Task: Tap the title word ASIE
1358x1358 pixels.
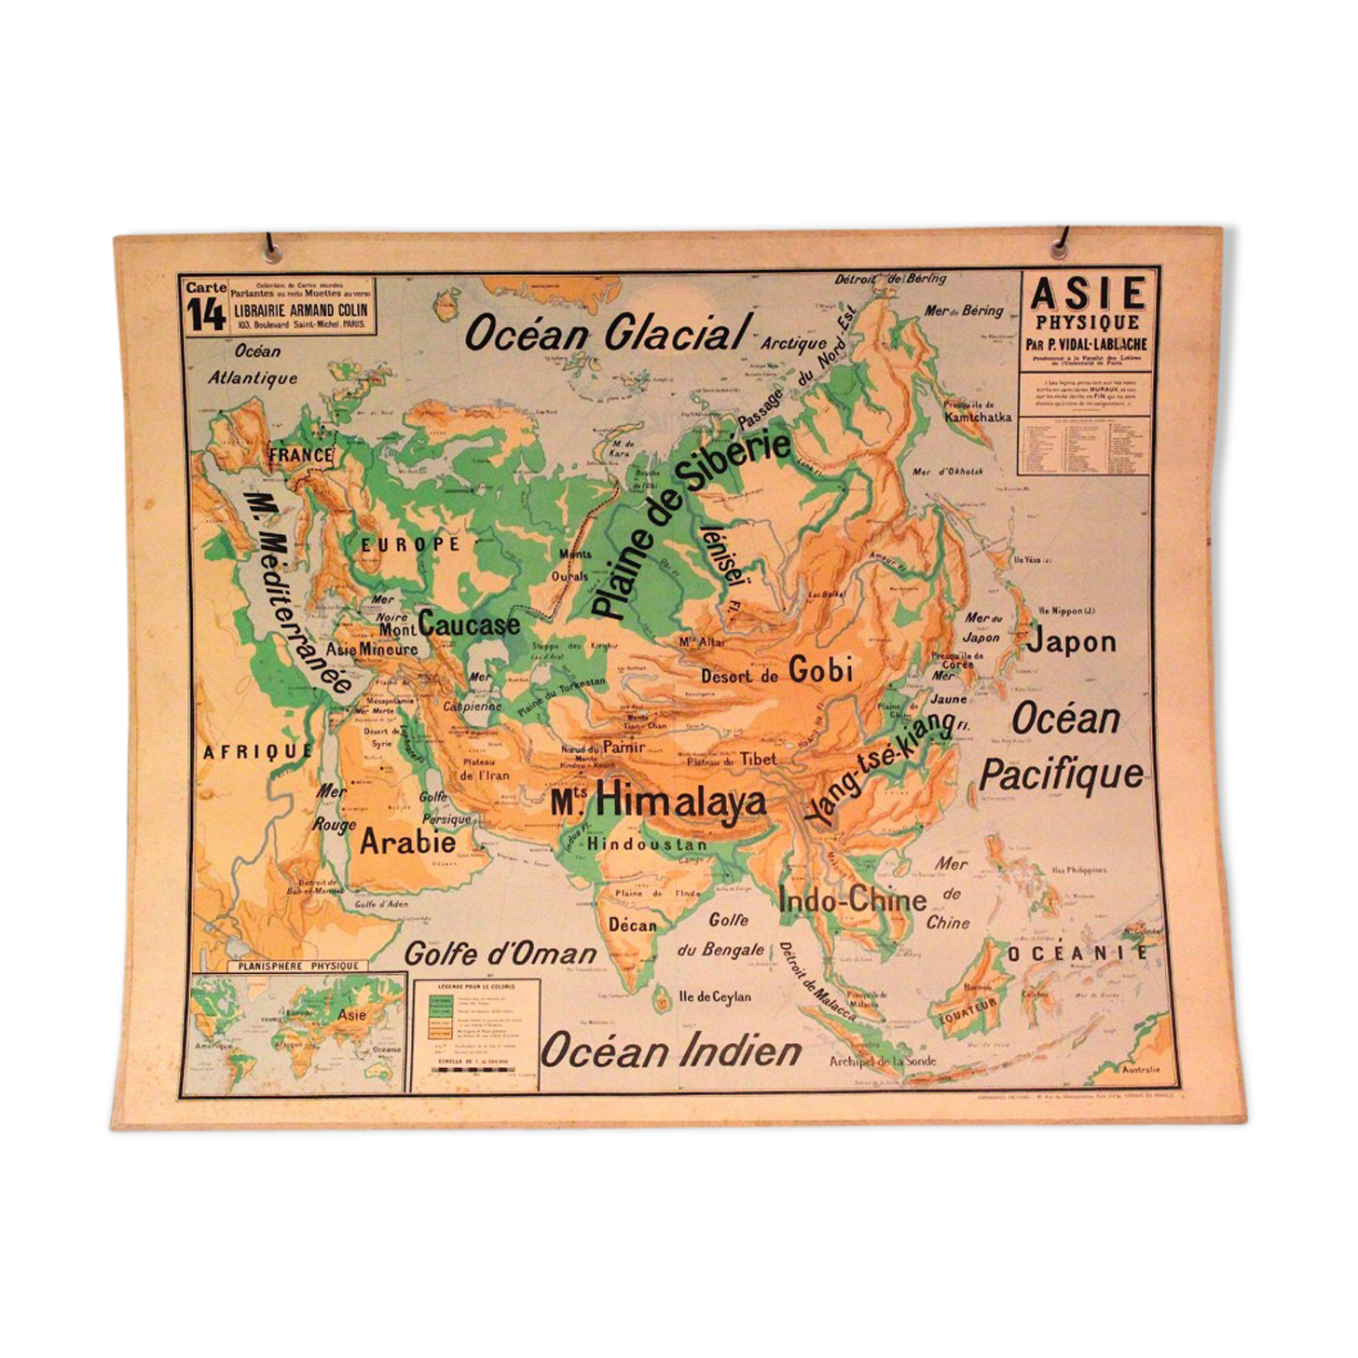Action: [1087, 295]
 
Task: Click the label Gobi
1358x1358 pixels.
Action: [820, 669]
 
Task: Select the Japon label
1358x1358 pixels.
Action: [1071, 641]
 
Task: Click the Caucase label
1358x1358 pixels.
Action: [469, 624]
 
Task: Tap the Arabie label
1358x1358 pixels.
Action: [407, 842]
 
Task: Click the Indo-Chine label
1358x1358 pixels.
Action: [852, 899]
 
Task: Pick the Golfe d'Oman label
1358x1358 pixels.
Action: [500, 954]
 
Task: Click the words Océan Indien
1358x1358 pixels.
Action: [671, 1051]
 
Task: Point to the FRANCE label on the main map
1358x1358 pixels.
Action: [300, 455]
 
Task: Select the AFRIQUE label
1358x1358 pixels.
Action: [256, 751]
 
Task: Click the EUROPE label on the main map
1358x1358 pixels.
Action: [411, 544]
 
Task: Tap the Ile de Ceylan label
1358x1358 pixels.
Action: [714, 996]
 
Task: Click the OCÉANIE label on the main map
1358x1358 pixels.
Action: [1077, 953]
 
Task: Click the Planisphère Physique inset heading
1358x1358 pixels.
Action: [297, 966]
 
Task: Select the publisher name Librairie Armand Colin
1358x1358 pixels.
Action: [301, 310]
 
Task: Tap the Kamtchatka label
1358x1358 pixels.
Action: [977, 417]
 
